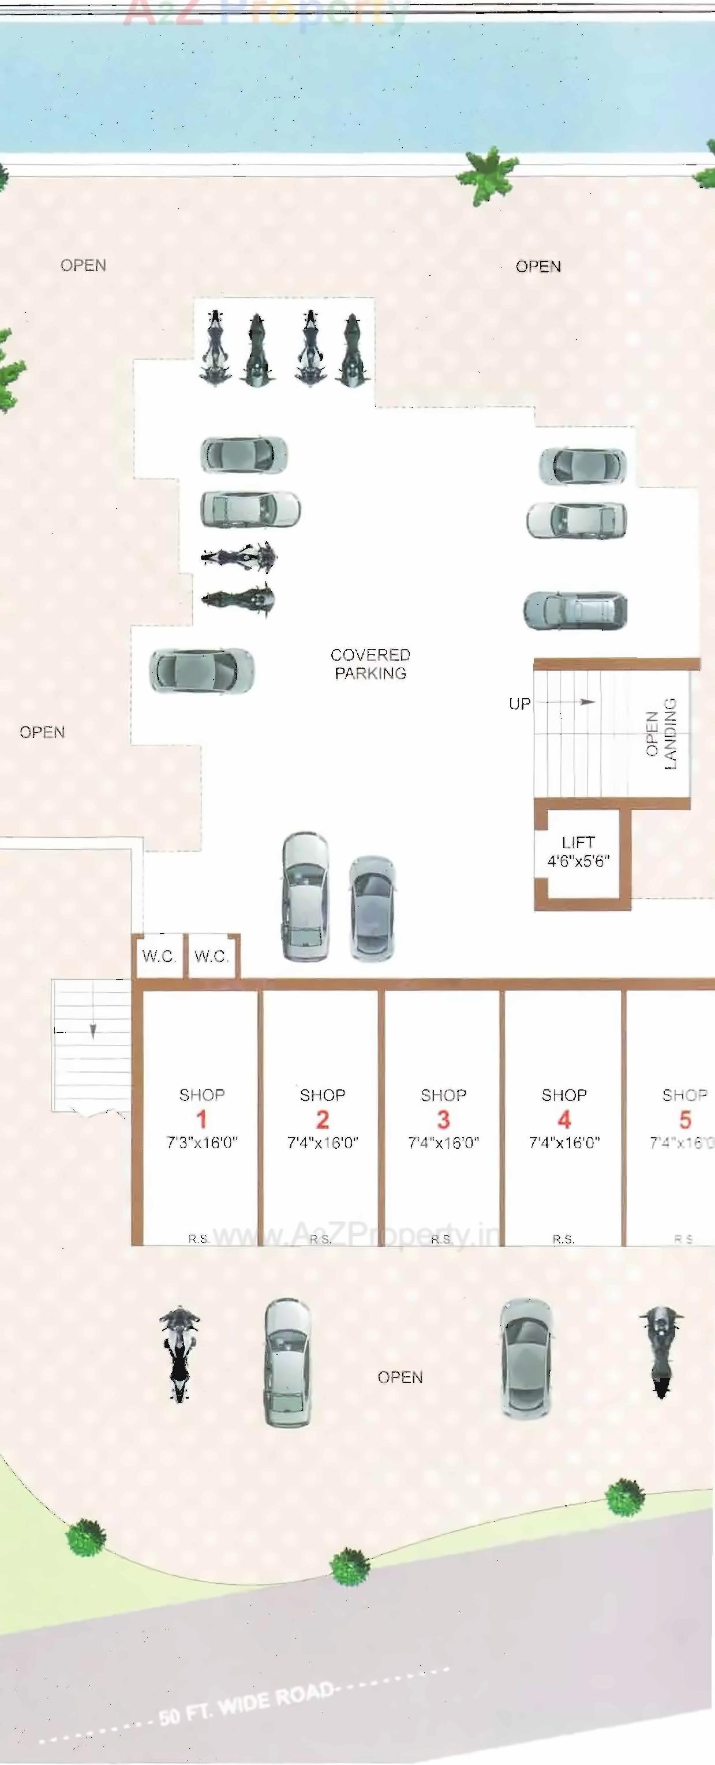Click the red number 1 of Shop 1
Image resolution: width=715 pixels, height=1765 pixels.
click(x=201, y=1119)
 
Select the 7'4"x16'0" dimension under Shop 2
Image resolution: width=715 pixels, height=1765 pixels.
click(x=322, y=1143)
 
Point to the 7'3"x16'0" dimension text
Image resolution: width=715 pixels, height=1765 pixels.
click(x=201, y=1143)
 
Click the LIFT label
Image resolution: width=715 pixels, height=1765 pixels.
click(x=578, y=842)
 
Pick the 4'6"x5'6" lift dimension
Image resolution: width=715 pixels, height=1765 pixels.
click(x=578, y=861)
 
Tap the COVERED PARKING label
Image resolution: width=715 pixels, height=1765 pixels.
click(x=370, y=664)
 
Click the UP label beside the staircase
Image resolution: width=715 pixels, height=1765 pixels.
click(x=519, y=704)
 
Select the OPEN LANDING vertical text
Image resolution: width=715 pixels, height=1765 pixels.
click(x=661, y=733)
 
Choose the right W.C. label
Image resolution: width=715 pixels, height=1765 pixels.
click(x=211, y=956)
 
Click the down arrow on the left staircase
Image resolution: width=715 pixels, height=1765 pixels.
click(x=92, y=1030)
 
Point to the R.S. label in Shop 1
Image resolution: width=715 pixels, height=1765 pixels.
click(x=199, y=1239)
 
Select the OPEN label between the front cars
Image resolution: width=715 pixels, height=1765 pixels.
click(x=400, y=1377)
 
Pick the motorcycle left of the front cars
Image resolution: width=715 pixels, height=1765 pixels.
click(x=179, y=1353)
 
